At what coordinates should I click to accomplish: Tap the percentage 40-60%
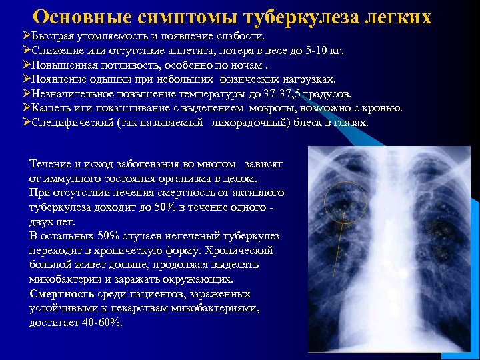coord(105,323)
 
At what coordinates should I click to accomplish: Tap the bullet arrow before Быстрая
coord(26,35)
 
